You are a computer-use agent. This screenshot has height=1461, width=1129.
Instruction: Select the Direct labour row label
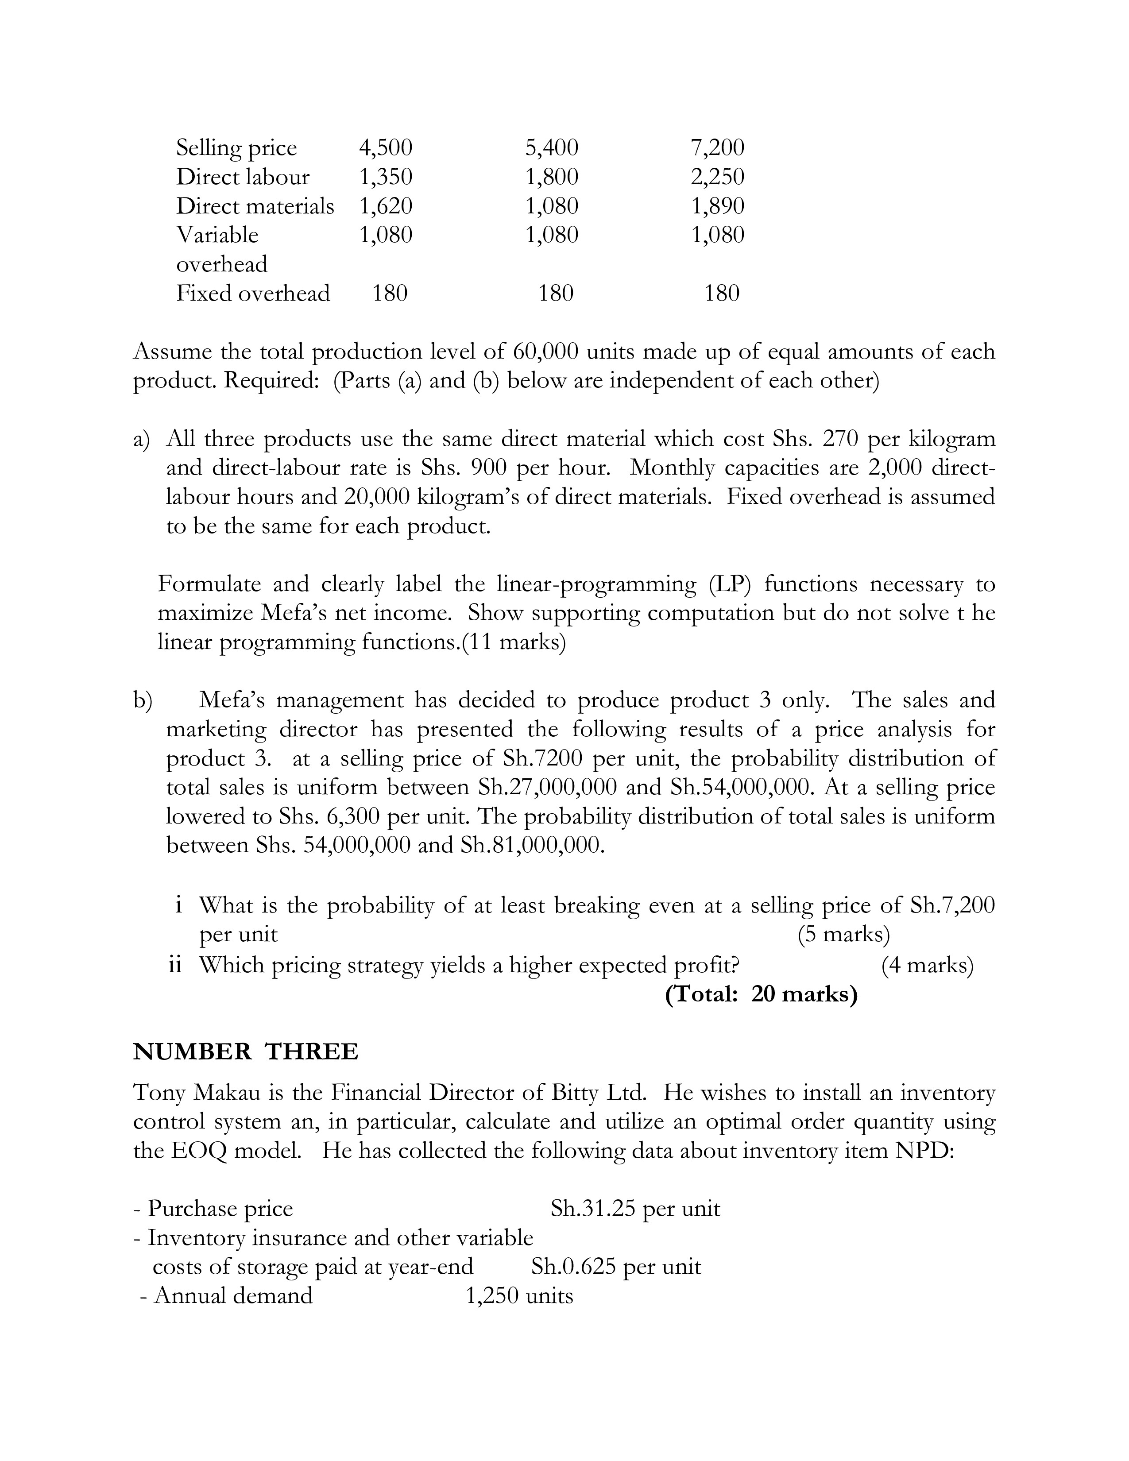(243, 177)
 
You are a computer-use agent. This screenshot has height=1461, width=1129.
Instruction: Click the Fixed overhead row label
(253, 293)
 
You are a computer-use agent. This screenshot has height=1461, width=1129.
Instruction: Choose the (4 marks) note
(927, 965)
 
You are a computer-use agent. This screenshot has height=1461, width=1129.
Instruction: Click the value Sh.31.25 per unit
(635, 1208)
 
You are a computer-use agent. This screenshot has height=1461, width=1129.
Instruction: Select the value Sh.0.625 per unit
(616, 1266)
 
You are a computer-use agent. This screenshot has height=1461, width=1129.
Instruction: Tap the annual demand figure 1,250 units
(519, 1296)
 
